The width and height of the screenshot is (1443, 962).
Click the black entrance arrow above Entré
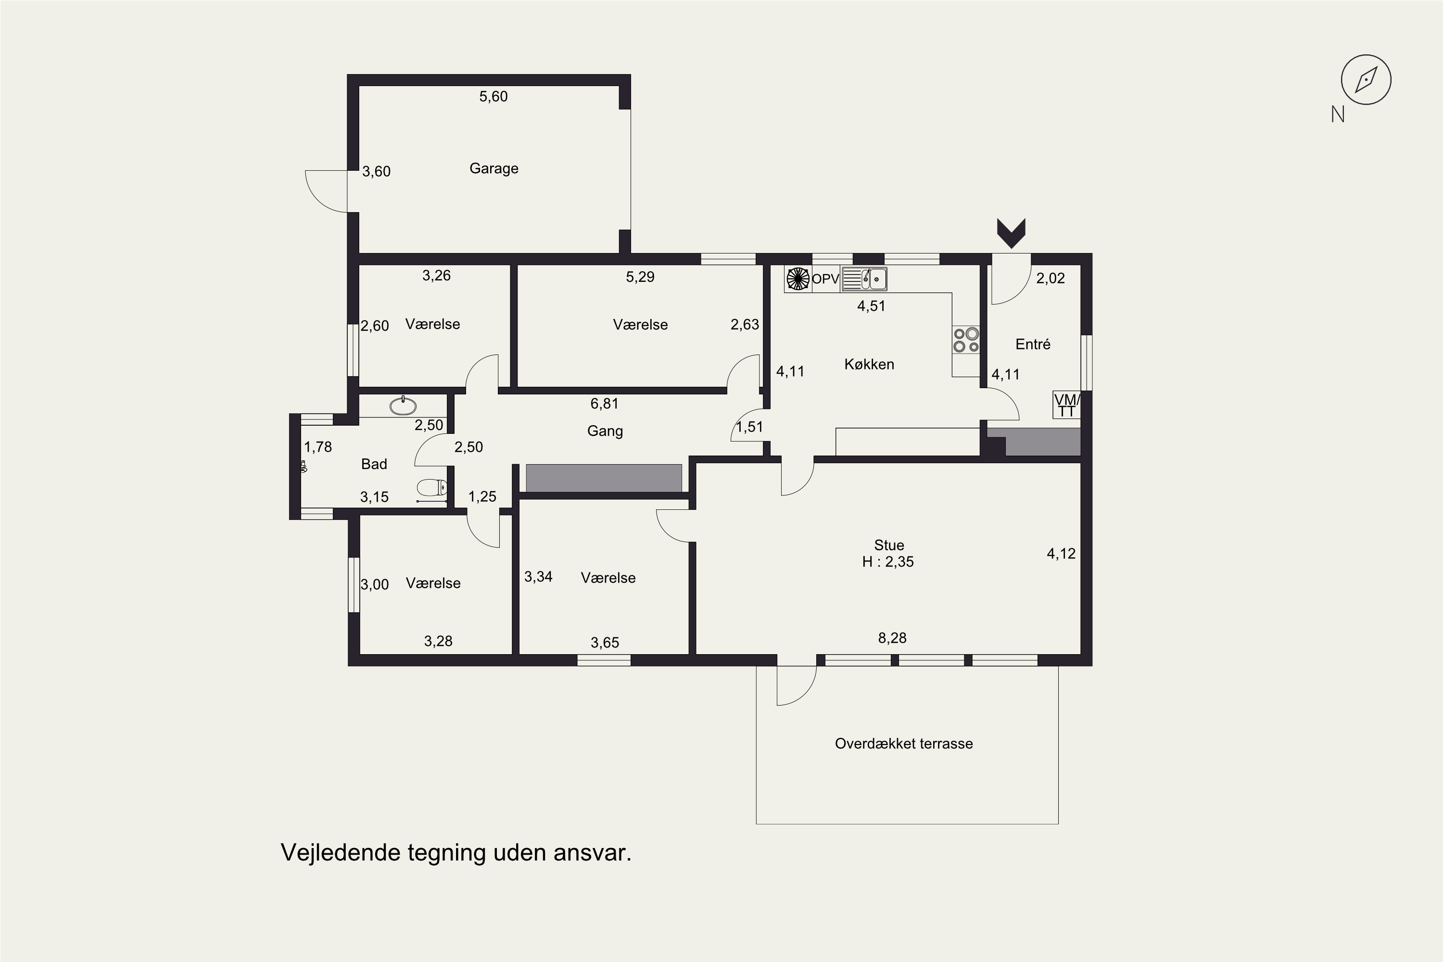(1011, 233)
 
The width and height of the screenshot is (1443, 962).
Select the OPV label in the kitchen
(825, 279)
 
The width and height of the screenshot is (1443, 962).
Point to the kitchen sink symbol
(864, 279)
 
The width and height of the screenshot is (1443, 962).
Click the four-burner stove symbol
(966, 340)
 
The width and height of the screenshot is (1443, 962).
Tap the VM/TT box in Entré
(1066, 405)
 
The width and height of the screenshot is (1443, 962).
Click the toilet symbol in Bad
(432, 488)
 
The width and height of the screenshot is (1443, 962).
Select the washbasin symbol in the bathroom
(403, 405)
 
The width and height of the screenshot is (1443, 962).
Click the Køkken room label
(869, 365)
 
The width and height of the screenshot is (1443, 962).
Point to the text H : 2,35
(888, 562)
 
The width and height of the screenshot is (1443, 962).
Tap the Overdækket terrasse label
(904, 744)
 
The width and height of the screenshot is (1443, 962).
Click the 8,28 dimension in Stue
(892, 638)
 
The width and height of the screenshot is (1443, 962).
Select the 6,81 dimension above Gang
(604, 404)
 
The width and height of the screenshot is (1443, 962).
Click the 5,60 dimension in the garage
(494, 96)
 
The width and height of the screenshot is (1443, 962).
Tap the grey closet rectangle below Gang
(604, 478)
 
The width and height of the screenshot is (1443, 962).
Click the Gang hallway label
(605, 431)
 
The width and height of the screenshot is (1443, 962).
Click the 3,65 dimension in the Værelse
(605, 643)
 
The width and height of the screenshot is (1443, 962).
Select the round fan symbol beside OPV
(798, 279)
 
